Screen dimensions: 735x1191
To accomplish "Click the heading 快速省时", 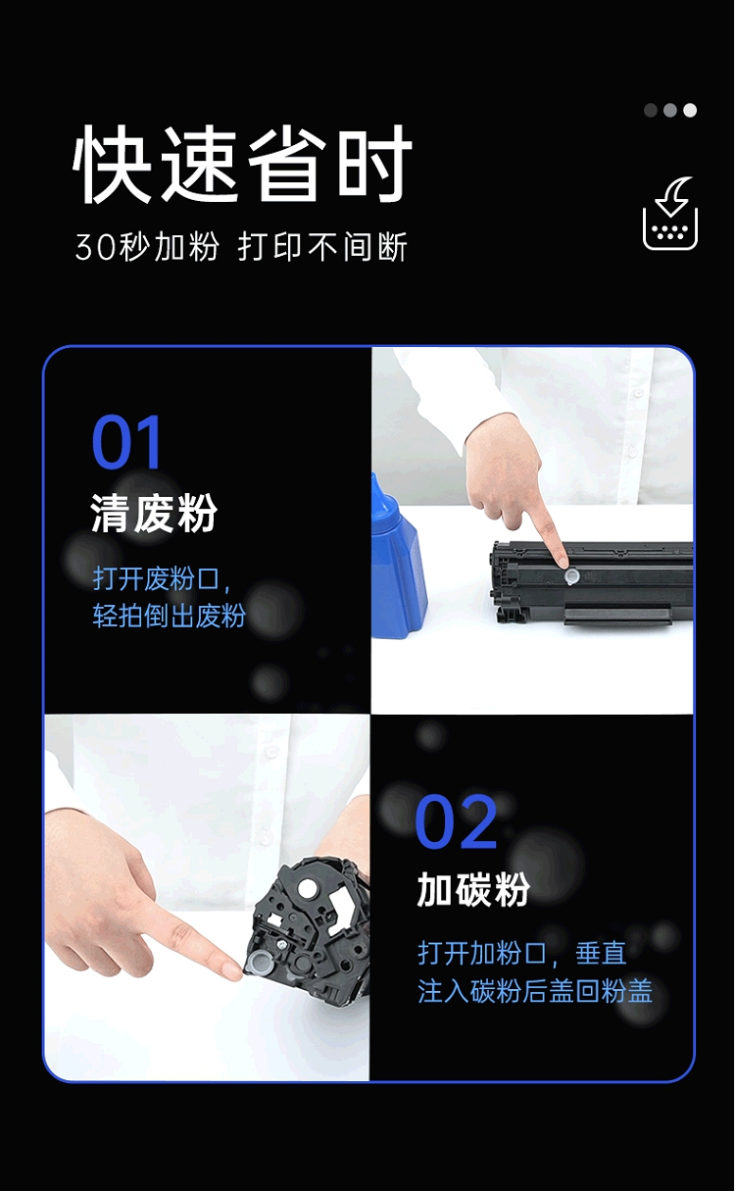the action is point(243,165).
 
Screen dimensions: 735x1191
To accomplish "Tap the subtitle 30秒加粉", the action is point(147,247).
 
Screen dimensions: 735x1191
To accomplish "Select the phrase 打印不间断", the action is point(322,247).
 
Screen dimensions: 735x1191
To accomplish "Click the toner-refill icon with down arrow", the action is point(670,214).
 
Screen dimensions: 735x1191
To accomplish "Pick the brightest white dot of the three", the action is point(690,110).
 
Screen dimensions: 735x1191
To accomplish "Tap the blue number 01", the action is point(126,441).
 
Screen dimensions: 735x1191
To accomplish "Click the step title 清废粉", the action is point(154,513).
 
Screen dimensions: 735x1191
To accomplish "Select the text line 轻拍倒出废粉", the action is point(169,616).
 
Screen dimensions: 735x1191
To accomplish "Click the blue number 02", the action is point(456,822).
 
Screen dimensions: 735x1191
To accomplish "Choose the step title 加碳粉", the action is point(473,889).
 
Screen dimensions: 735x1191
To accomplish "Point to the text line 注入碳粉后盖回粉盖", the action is point(535,991).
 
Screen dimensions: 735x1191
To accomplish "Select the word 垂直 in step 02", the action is point(601,953).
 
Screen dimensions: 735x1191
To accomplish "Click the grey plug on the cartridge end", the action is point(258,961).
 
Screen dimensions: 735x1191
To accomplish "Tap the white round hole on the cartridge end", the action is point(307,887).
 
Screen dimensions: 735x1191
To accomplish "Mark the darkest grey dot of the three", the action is point(651,110).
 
